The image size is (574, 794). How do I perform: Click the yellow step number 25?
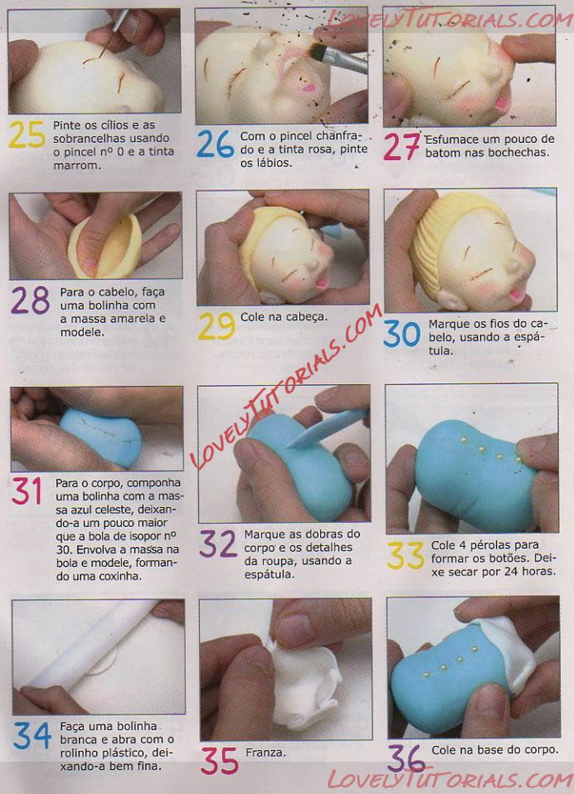(x=27, y=135)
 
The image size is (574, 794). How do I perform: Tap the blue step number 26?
(x=215, y=144)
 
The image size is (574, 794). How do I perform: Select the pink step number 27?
(x=402, y=147)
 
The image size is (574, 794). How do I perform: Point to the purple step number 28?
(x=30, y=300)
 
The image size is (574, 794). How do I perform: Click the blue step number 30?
(x=402, y=335)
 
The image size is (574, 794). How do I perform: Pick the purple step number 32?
(x=218, y=544)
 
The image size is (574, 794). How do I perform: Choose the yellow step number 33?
(x=406, y=556)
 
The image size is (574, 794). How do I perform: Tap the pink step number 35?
(x=220, y=761)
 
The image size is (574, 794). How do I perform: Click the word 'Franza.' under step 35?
(x=265, y=752)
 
